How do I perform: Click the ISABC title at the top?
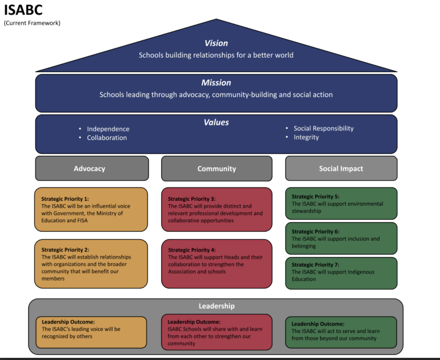tap(23, 10)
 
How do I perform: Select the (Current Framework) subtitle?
tap(32, 23)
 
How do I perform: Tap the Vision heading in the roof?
tap(216, 43)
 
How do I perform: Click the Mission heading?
tap(216, 83)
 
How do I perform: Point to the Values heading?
tap(216, 123)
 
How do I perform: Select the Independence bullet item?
tap(108, 129)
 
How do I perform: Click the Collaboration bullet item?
tap(107, 138)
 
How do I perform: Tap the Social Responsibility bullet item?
tap(323, 128)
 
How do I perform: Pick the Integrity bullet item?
tap(306, 137)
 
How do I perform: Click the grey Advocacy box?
tap(92, 169)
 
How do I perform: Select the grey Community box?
tap(217, 169)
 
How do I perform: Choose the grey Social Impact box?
tap(341, 169)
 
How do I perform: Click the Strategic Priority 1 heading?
tap(65, 199)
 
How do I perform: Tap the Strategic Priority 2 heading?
tap(65, 250)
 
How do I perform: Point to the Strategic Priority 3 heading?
tap(192, 199)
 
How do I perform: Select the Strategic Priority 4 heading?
tap(192, 250)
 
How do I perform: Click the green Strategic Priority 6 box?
tap(341, 238)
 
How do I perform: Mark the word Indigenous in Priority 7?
tap(361, 272)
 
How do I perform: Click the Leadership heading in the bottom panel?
tap(217, 306)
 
